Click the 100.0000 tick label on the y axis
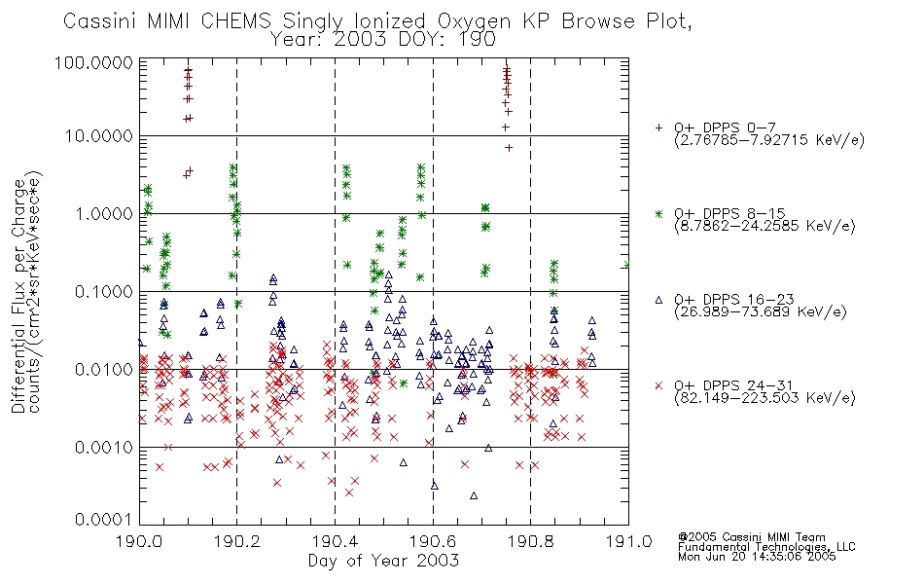[93, 62]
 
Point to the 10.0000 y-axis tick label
[98, 136]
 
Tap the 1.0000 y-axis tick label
[103, 213]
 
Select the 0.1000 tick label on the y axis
[103, 291]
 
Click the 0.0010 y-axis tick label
[103, 447]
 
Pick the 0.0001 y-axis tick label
[103, 520]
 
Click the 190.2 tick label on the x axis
[237, 541]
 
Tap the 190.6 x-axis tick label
[433, 541]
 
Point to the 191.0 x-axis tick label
[628, 541]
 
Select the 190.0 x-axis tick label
[139, 541]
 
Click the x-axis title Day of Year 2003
[383, 561]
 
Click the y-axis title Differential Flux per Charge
[18, 296]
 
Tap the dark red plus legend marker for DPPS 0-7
[658, 128]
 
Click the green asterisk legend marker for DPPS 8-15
[658, 213]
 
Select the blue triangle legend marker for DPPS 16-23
[658, 300]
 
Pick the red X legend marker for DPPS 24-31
[658, 385]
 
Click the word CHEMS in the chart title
[236, 21]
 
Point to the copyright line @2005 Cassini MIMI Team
[752, 537]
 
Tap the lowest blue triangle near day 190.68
[474, 495]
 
